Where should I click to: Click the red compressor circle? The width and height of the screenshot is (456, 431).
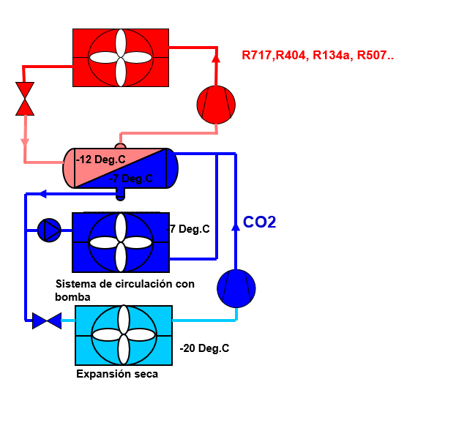tap(216, 105)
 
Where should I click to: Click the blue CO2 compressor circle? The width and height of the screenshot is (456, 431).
tap(236, 288)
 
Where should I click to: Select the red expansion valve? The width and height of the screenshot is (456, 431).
tap(25, 99)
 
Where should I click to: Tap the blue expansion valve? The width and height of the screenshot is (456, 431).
tap(47, 321)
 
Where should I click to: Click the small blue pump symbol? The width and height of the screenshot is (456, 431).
tap(49, 231)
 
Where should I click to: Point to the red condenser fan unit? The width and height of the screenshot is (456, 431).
tap(121, 58)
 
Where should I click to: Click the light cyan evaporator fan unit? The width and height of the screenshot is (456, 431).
tap(124, 335)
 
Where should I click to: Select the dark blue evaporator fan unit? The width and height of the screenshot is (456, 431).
tap(121, 242)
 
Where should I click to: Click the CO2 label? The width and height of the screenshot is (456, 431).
tap(259, 222)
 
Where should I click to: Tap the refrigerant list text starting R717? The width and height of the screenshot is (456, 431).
tap(318, 55)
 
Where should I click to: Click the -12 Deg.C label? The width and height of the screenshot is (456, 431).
tap(100, 160)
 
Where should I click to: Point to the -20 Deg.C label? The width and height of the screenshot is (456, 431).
tap(204, 348)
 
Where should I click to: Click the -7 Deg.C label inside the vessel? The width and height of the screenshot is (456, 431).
tap(131, 179)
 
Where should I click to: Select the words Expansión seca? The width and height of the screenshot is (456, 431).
tap(117, 374)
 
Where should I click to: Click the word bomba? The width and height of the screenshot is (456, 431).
tap(72, 297)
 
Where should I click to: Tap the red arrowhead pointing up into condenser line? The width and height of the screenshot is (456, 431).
tap(216, 57)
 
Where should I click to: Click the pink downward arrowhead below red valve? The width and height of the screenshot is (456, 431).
tap(25, 142)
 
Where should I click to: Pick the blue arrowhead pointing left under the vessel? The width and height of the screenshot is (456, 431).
tap(42, 194)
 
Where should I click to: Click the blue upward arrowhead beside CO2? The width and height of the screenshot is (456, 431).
tap(236, 227)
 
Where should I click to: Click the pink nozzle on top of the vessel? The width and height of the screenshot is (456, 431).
tap(120, 146)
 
